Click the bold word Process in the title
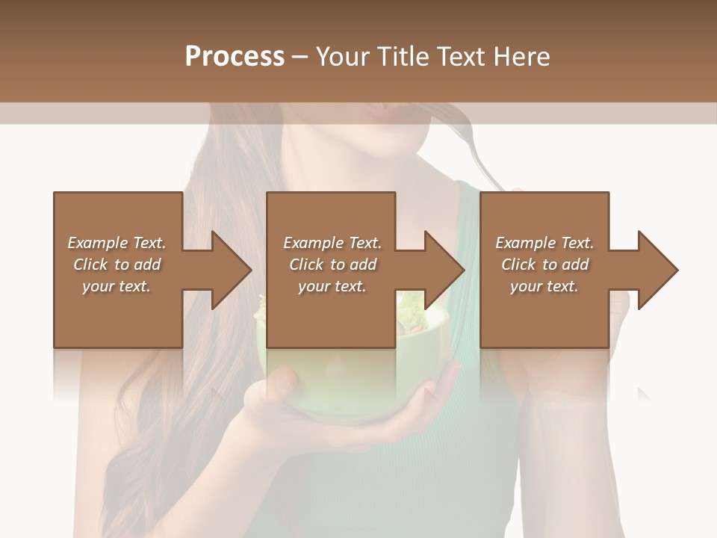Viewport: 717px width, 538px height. point(235,57)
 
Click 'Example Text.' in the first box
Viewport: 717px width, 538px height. point(117,243)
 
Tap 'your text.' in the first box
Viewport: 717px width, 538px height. point(117,286)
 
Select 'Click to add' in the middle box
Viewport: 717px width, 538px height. point(332,265)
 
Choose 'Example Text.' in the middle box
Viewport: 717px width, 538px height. point(332,243)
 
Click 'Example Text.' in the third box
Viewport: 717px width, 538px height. point(544,243)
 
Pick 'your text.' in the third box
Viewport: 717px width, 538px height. point(544,286)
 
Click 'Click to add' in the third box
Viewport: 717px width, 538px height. point(544,265)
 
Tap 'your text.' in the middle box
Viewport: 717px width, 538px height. point(332,286)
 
